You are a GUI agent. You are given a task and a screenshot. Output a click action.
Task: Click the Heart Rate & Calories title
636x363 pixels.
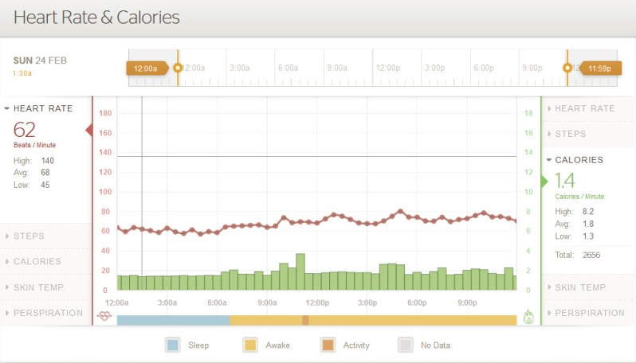96,18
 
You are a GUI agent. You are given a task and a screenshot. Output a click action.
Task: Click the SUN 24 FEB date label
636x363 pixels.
40,60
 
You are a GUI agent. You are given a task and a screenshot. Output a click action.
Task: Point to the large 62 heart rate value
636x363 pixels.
25,130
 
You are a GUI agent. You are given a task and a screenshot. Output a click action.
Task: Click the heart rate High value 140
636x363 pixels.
48,160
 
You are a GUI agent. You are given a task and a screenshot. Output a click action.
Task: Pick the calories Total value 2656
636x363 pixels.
591,255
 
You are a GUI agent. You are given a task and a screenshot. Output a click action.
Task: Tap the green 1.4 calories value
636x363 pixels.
564,181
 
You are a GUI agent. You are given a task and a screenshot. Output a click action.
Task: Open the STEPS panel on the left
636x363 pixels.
29,236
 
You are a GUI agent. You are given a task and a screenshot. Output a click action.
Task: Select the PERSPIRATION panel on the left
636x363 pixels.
47,313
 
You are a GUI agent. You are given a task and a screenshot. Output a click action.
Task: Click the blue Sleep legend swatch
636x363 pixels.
173,345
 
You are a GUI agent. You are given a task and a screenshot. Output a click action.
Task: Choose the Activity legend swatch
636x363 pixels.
328,345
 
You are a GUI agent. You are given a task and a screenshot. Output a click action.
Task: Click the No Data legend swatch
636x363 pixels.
406,345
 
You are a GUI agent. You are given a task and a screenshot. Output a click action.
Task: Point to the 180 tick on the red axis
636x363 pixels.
104,113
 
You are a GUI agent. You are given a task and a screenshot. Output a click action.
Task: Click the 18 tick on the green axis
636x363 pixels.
528,113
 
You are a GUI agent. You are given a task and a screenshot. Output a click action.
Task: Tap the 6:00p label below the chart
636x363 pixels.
417,302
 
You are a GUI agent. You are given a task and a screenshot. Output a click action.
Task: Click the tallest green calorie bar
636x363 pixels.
300,271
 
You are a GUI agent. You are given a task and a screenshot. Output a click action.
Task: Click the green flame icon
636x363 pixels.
528,317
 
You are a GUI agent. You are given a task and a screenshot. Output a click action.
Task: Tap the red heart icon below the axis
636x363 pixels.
104,316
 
